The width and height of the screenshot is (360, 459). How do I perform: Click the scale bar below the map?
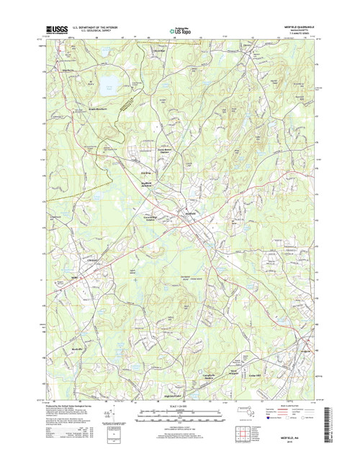tap(179, 419)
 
